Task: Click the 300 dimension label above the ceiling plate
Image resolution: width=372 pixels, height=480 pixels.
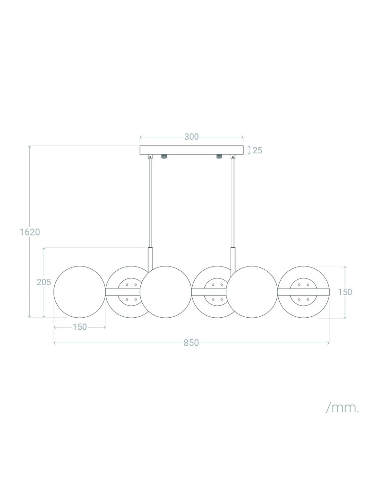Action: pyautogui.click(x=191, y=137)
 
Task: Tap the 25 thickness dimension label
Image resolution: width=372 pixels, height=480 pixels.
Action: pyautogui.click(x=257, y=150)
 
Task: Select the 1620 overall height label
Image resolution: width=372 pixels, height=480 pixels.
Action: pyautogui.click(x=30, y=232)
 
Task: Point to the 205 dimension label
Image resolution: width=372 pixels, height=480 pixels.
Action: pyautogui.click(x=44, y=282)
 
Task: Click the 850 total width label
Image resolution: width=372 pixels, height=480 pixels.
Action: pyautogui.click(x=191, y=343)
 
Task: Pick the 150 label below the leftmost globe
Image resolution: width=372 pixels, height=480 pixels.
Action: pyautogui.click(x=80, y=327)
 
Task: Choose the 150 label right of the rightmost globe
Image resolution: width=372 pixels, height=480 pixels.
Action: pyautogui.click(x=345, y=292)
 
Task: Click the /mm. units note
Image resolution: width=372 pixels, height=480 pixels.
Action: pyautogui.click(x=342, y=408)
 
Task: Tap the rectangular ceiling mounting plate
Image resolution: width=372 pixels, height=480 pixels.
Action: pyautogui.click(x=191, y=150)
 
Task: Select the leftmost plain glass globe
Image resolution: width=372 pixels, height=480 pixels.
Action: pyautogui.click(x=79, y=292)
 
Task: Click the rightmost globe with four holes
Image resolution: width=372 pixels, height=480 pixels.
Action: pyautogui.click(x=304, y=292)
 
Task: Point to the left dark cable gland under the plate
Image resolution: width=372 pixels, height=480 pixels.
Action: pyautogui.click(x=164, y=157)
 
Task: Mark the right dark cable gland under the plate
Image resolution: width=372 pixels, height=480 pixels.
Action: pyautogui.click(x=219, y=157)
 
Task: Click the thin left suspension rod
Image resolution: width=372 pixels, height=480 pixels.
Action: pyautogui.click(x=150, y=202)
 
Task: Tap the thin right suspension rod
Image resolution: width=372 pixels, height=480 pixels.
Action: pyautogui.click(x=233, y=202)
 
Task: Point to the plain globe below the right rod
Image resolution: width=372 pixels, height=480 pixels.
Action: pyautogui.click(x=251, y=292)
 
